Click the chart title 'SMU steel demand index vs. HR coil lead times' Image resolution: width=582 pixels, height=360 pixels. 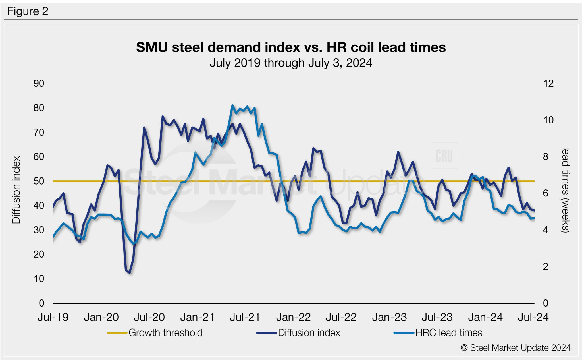(x=291, y=47)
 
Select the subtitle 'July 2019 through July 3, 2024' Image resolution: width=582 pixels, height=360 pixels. (x=291, y=63)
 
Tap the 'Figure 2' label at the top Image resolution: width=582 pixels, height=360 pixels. (x=28, y=11)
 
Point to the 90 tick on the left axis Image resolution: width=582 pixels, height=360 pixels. (x=39, y=84)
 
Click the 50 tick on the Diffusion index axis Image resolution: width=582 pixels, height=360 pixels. (x=39, y=181)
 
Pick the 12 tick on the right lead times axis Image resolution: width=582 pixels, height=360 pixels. (x=548, y=84)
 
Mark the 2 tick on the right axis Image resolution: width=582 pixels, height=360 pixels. (x=545, y=267)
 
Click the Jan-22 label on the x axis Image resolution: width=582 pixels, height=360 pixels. (x=293, y=317)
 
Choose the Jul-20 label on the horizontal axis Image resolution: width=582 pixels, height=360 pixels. (x=149, y=317)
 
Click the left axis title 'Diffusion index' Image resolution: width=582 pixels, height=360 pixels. (x=16, y=190)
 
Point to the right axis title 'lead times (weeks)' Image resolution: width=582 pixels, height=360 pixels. (x=566, y=190)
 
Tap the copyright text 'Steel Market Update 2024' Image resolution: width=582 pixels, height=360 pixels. (x=520, y=348)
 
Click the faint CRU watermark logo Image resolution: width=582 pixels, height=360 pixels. (x=444, y=156)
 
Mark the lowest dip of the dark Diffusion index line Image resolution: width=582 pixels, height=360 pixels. (x=130, y=273)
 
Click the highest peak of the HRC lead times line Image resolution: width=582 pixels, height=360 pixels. (x=232, y=105)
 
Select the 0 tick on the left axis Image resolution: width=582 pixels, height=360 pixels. (x=41, y=303)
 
